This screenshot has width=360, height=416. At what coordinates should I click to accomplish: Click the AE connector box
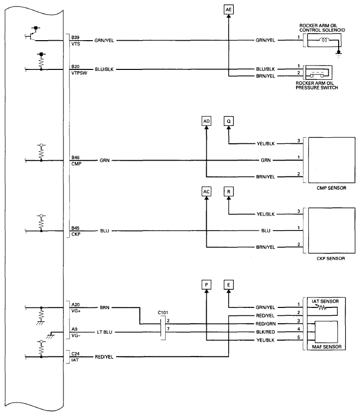229,10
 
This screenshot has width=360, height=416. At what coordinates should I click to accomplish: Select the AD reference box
206,121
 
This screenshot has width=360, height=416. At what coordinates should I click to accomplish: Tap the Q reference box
229,121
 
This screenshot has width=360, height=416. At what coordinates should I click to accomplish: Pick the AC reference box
206,191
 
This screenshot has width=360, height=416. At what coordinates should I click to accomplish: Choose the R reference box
229,191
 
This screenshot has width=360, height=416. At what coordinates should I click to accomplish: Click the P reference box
206,285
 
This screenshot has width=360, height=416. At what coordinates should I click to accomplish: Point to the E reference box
229,285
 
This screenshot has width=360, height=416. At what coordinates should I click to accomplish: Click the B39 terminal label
75,37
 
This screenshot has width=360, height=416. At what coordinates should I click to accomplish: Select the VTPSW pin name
79,73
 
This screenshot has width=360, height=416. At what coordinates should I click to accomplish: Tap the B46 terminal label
75,158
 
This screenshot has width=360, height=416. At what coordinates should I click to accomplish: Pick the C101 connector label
163,312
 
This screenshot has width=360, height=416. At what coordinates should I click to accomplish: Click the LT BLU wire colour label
105,332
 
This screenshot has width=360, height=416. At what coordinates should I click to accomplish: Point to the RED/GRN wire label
266,324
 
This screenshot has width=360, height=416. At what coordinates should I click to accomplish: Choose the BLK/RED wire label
266,332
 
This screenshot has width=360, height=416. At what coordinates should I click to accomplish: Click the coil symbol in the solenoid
324,40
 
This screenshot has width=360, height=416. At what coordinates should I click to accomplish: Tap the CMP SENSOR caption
331,188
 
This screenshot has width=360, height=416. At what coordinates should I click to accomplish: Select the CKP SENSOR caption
331,258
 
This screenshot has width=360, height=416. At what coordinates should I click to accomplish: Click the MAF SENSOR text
327,347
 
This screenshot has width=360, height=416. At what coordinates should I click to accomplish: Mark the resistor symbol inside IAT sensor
321,307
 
